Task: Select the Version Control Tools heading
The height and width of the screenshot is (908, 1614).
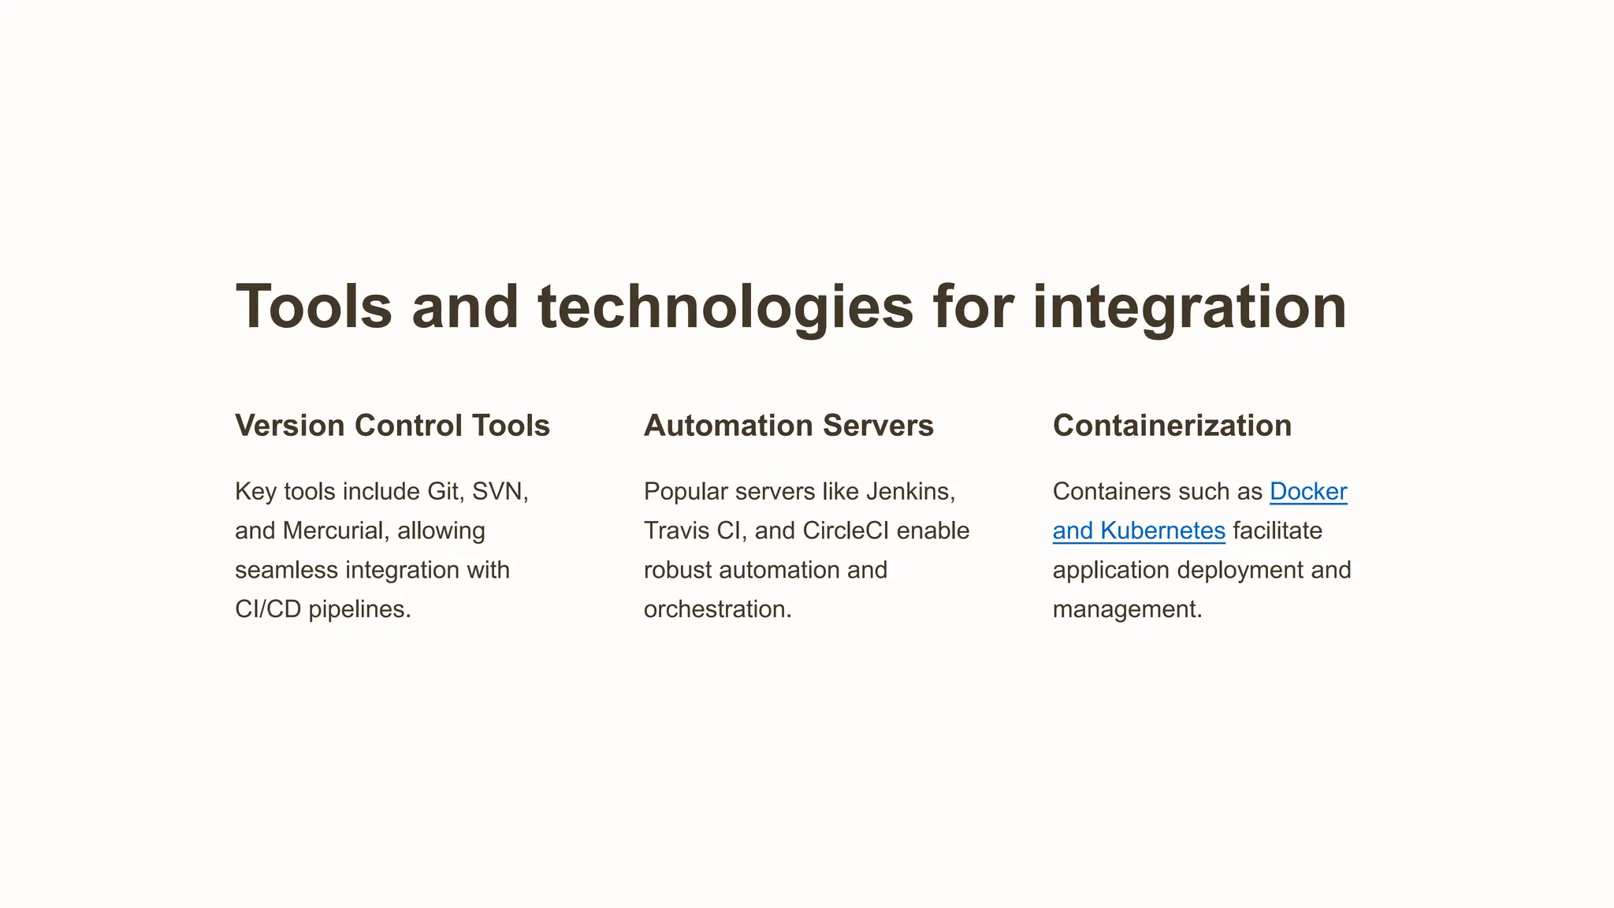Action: [392, 426]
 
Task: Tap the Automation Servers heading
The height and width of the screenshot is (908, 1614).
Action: [788, 426]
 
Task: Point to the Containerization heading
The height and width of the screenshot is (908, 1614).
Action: [1172, 426]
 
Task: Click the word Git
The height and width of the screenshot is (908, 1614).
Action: [442, 492]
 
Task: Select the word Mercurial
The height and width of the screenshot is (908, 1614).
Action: [333, 531]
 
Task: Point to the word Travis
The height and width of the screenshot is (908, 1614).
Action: [676, 531]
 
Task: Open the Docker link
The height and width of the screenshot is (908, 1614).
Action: [1308, 492]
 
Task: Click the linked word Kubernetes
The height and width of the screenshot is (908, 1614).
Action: [1162, 531]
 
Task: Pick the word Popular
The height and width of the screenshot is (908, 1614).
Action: [686, 492]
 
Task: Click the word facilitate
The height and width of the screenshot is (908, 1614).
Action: [1277, 531]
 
